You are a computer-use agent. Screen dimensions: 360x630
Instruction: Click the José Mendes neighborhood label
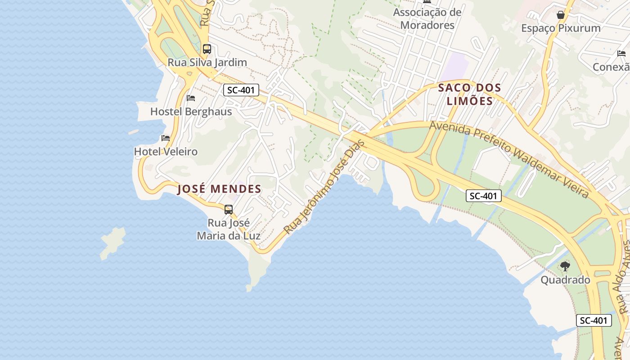pyautogui.click(x=219, y=189)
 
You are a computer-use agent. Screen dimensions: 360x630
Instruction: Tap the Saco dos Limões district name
pyautogui.click(x=469, y=94)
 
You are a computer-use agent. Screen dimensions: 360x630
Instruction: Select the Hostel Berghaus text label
pyautogui.click(x=191, y=112)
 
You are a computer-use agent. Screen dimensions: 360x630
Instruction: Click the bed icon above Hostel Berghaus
pyautogui.click(x=191, y=98)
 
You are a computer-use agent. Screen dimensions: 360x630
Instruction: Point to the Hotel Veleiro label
pyautogui.click(x=166, y=152)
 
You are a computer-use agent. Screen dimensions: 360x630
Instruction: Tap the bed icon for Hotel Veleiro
pyautogui.click(x=166, y=138)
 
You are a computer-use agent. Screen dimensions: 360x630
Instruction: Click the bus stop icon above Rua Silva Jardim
pyautogui.click(x=207, y=49)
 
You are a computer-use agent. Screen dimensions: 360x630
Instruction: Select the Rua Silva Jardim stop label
pyautogui.click(x=207, y=63)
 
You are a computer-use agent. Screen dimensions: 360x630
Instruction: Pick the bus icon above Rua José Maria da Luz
pyautogui.click(x=229, y=209)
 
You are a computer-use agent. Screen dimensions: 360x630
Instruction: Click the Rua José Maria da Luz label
pyautogui.click(x=229, y=229)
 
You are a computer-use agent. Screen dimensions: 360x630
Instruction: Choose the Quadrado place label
pyautogui.click(x=565, y=280)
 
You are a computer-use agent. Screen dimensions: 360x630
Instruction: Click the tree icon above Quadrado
pyautogui.click(x=565, y=266)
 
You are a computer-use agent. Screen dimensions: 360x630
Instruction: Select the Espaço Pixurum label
pyautogui.click(x=561, y=28)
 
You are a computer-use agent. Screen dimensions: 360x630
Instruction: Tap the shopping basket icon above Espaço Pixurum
pyautogui.click(x=561, y=15)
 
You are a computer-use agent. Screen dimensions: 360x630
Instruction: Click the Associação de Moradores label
pyautogui.click(x=427, y=18)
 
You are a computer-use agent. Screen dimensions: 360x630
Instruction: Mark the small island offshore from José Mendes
pyautogui.click(x=112, y=243)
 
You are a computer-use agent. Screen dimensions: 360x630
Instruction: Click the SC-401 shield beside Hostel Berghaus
pyautogui.click(x=241, y=90)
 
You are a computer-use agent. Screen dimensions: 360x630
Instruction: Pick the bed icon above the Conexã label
pyautogui.click(x=621, y=54)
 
